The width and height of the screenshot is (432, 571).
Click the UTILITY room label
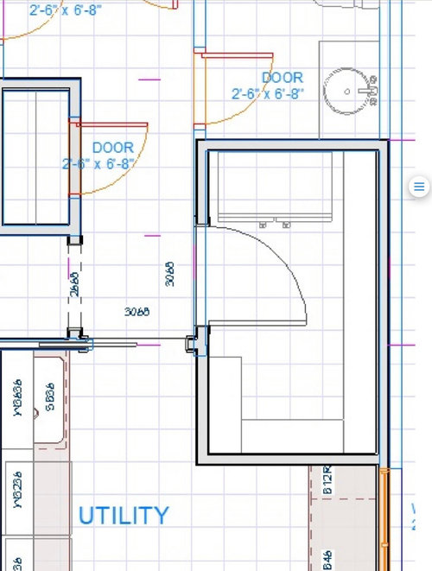[x=124, y=516]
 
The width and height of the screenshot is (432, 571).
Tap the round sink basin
[x=346, y=89]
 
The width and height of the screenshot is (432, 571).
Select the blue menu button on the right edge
[x=418, y=187]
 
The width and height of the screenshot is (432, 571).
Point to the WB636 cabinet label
[x=16, y=400]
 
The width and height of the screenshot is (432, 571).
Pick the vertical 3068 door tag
[x=170, y=273]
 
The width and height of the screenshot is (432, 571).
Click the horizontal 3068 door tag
[x=137, y=311]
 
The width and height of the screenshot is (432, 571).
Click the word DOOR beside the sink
[x=283, y=78]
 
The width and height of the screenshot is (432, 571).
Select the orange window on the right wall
[x=385, y=518]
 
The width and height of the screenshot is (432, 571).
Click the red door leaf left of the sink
[x=224, y=54]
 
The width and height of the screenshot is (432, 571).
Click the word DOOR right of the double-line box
[x=112, y=148]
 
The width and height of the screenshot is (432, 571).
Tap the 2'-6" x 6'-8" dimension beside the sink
[x=267, y=93]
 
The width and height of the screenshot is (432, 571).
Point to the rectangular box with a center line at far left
[x=34, y=155]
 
